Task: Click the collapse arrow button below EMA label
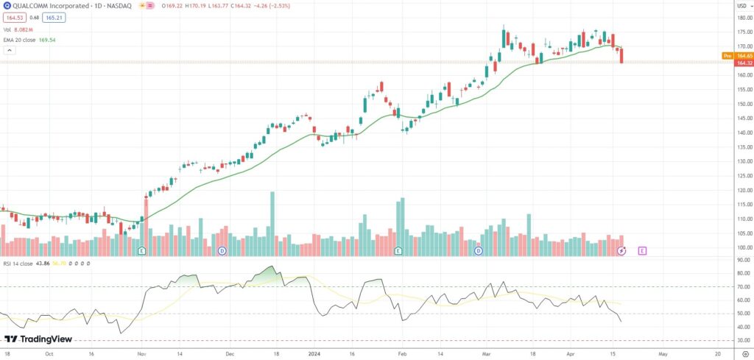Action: [10, 51]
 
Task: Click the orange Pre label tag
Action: [727, 56]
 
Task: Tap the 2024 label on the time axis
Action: [313, 353]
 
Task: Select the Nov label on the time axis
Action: [141, 353]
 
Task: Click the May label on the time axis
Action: [663, 353]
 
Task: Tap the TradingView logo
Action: [32, 339]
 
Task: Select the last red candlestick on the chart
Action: [622, 56]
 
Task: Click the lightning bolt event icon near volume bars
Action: [621, 251]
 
